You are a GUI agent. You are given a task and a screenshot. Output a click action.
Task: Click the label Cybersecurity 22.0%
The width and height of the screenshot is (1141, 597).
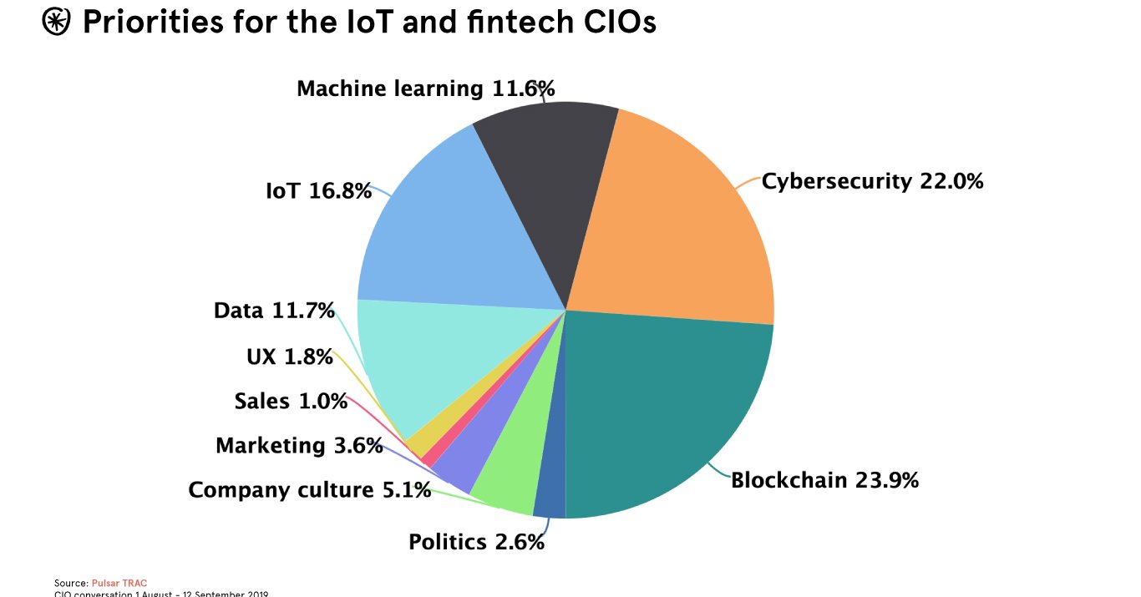872,180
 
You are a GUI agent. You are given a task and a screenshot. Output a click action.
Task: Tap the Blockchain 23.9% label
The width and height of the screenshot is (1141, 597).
824,480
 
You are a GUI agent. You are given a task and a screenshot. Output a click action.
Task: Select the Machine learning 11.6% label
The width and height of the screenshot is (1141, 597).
426,88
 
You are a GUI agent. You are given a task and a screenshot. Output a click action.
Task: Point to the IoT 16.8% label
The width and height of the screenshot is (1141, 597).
318,191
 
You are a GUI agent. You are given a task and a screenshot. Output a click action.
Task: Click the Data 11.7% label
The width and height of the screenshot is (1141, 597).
274,311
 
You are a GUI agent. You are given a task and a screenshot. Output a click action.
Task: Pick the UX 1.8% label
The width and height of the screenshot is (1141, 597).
289,357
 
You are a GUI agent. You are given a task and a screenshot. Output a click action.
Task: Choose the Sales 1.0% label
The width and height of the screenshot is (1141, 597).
291,402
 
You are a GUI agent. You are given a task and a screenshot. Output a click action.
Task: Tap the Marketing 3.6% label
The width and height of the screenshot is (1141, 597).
299,446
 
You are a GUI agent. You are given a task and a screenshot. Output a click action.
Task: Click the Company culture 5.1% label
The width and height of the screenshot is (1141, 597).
309,489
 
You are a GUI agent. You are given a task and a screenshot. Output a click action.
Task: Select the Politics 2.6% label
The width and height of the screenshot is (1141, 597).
476,542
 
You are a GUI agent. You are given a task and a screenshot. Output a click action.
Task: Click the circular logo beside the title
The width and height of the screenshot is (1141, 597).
57,23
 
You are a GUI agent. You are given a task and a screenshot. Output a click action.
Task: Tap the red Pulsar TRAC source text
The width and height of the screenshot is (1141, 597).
119,583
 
